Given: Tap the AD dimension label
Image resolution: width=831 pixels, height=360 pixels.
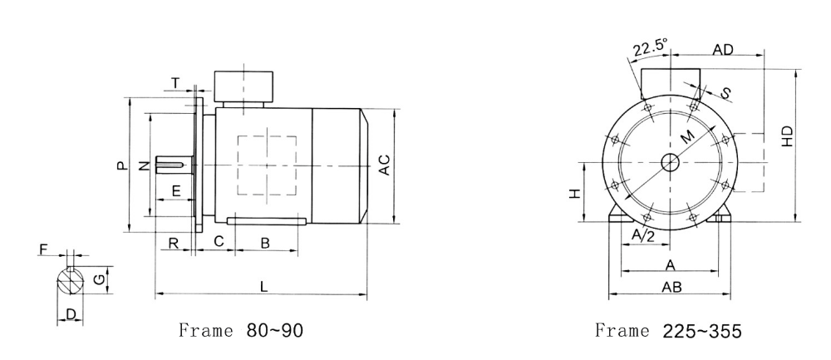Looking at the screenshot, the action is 722,49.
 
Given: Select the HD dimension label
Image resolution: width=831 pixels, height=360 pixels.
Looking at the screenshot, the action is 788,136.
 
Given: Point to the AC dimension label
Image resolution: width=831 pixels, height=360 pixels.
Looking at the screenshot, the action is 384,165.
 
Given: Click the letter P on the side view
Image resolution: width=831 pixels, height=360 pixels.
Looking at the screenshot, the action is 122,165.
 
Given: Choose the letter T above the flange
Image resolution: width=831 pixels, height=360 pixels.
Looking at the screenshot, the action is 175,83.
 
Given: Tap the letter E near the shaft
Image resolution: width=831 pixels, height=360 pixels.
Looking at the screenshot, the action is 176,190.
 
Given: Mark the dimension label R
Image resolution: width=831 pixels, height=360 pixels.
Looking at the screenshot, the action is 174,243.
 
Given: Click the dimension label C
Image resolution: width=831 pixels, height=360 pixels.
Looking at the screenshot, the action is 219,241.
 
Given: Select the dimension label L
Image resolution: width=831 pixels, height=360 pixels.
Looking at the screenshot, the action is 264,286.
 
